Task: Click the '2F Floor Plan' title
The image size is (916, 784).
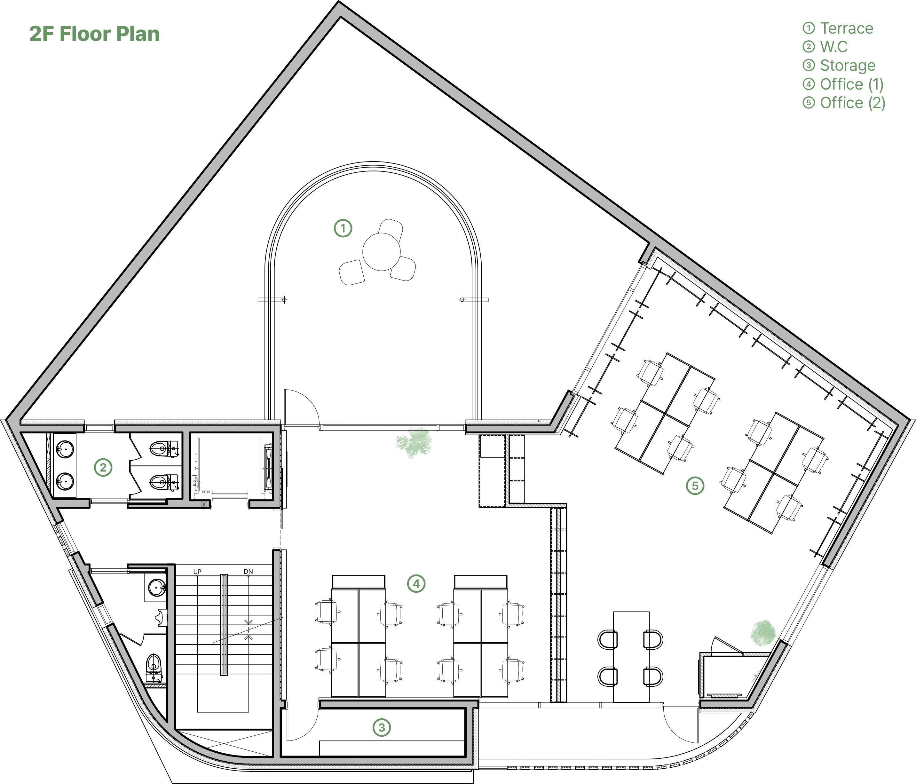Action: (x=94, y=34)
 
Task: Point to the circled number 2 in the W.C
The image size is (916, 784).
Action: (x=103, y=467)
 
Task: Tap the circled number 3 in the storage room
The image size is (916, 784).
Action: (x=382, y=727)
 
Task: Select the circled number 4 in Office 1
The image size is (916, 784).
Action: (x=416, y=584)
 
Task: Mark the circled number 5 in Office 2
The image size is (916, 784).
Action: (x=695, y=486)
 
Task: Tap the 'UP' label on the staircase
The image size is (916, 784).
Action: (x=197, y=571)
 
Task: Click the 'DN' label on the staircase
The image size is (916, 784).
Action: (x=249, y=571)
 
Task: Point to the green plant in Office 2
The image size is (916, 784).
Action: (x=763, y=633)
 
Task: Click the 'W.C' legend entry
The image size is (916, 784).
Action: (x=834, y=47)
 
